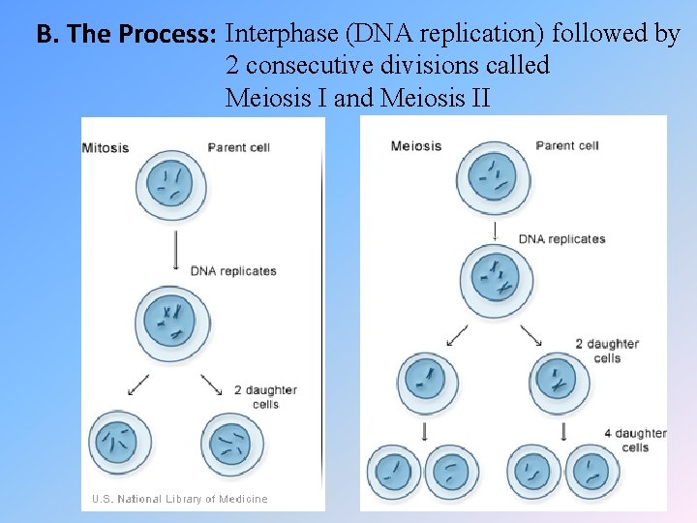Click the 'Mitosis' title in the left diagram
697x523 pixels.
(106, 148)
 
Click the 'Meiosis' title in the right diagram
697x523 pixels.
(415, 146)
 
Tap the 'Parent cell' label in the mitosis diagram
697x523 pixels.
(238, 148)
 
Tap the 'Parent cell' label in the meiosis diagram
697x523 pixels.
(567, 146)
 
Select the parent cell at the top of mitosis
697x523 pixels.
(168, 186)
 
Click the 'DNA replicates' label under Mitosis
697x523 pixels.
(233, 271)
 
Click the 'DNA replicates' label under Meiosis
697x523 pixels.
(561, 239)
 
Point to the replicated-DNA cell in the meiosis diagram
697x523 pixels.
(495, 280)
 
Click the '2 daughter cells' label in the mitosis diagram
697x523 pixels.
(265, 396)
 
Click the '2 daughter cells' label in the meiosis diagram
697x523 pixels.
(607, 351)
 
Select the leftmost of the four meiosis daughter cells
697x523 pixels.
(393, 475)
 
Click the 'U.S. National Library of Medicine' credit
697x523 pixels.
(179, 499)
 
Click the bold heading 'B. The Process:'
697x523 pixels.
(126, 36)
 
